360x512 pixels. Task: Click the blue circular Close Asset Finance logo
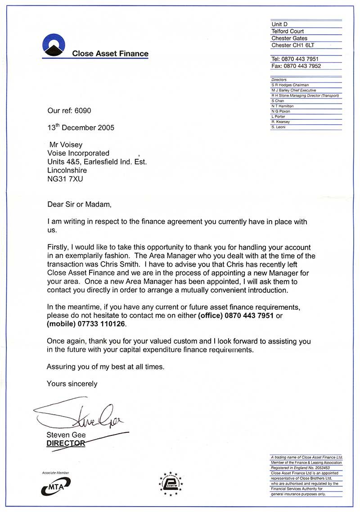pos(54,46)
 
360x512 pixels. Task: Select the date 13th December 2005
pos(81,127)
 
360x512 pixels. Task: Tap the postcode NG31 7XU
pos(65,179)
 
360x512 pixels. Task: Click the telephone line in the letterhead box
pos(295,59)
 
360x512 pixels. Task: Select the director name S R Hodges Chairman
pos(290,85)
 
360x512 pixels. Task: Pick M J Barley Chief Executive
pos(293,90)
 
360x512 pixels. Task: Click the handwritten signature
pos(81,417)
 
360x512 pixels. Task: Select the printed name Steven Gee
pos(66,435)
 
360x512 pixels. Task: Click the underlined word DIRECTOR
pos(66,443)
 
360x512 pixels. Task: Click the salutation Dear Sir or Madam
pos(79,204)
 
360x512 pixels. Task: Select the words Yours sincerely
pos(72,384)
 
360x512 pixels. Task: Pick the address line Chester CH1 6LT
pos(293,45)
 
